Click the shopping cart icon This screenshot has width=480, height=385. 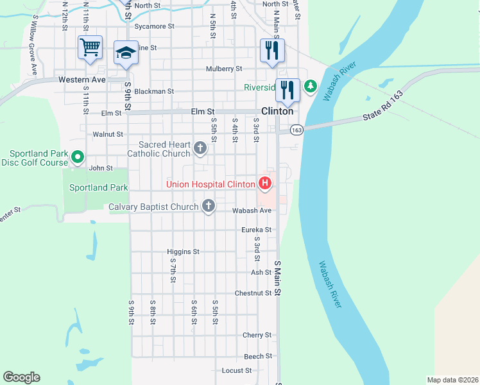pyautogui.click(x=90, y=47)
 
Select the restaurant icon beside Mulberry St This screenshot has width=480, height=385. pyautogui.click(x=272, y=50)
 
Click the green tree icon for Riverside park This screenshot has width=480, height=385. pyautogui.click(x=310, y=85)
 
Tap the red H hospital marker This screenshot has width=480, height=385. pyautogui.click(x=264, y=184)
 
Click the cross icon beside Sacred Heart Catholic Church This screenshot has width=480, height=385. pyautogui.click(x=200, y=149)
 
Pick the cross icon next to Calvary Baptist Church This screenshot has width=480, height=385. pyautogui.click(x=208, y=206)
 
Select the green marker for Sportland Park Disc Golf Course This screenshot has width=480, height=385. pyautogui.click(x=78, y=157)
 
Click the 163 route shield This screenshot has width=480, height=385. pyautogui.click(x=296, y=130)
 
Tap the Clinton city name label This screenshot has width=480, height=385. pyautogui.click(x=277, y=111)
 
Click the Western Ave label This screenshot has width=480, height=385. pyautogui.click(x=81, y=80)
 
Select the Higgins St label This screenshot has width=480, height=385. pyautogui.click(x=183, y=252)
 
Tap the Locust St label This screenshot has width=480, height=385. pyautogui.click(x=237, y=371)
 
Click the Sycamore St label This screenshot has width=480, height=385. pyautogui.click(x=155, y=27)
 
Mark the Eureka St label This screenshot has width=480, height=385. pyautogui.click(x=257, y=230)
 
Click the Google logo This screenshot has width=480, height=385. pyautogui.click(x=21, y=377)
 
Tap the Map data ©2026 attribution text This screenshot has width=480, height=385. pyautogui.click(x=452, y=380)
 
